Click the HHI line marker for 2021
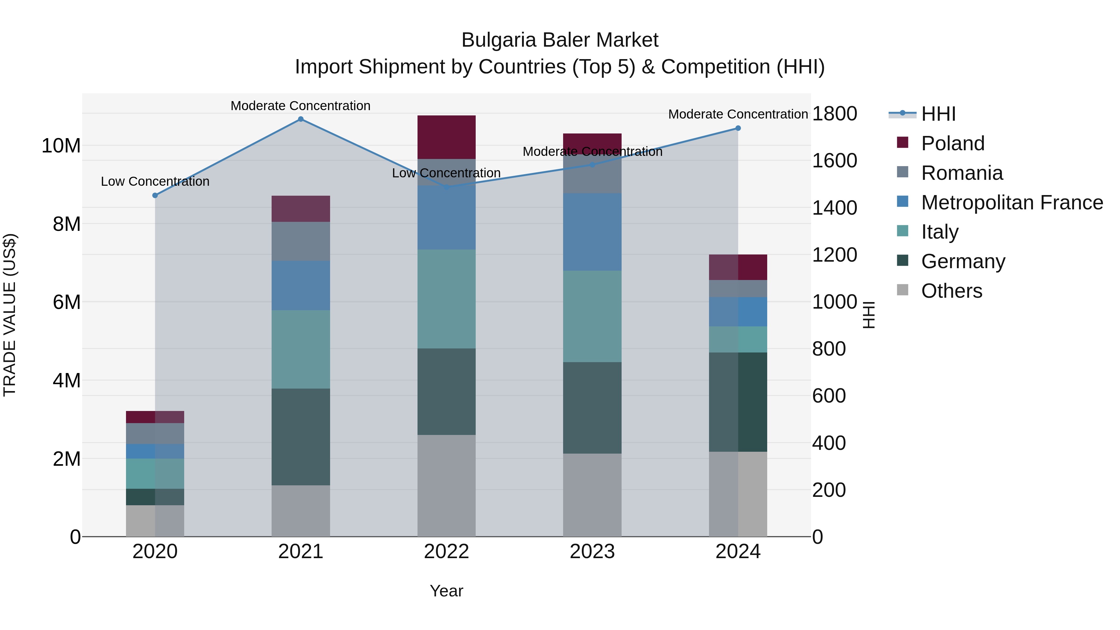pos(301,119)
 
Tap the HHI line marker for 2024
pos(738,128)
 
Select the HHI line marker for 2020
pos(155,196)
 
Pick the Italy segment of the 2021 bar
pos(301,349)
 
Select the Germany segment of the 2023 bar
pos(592,408)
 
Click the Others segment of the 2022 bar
pos(446,486)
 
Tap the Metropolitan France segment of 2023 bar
pos(592,232)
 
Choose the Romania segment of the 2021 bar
pos(301,241)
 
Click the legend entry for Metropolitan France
pos(1012,203)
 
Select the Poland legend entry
pos(953,143)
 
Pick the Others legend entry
pos(951,291)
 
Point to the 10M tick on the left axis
pos(61,146)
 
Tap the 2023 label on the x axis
pos(592,552)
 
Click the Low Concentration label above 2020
pos(155,181)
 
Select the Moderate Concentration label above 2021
pos(301,106)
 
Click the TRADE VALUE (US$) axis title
pos(10,315)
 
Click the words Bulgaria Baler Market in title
pos(560,40)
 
